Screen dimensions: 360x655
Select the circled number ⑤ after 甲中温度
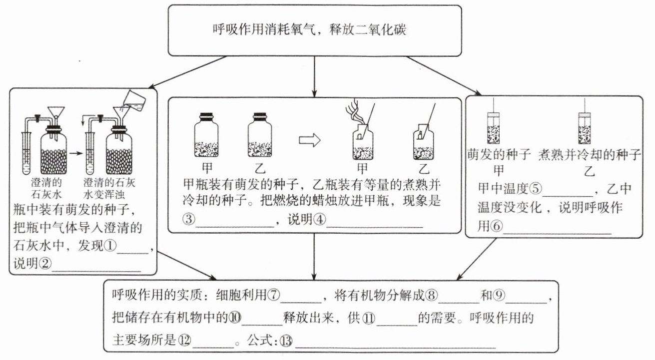click(535, 189)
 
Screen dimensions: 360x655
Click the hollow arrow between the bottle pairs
click(309, 141)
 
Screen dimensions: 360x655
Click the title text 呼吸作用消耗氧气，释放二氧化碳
click(309, 29)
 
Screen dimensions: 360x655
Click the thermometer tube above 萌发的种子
click(494, 127)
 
